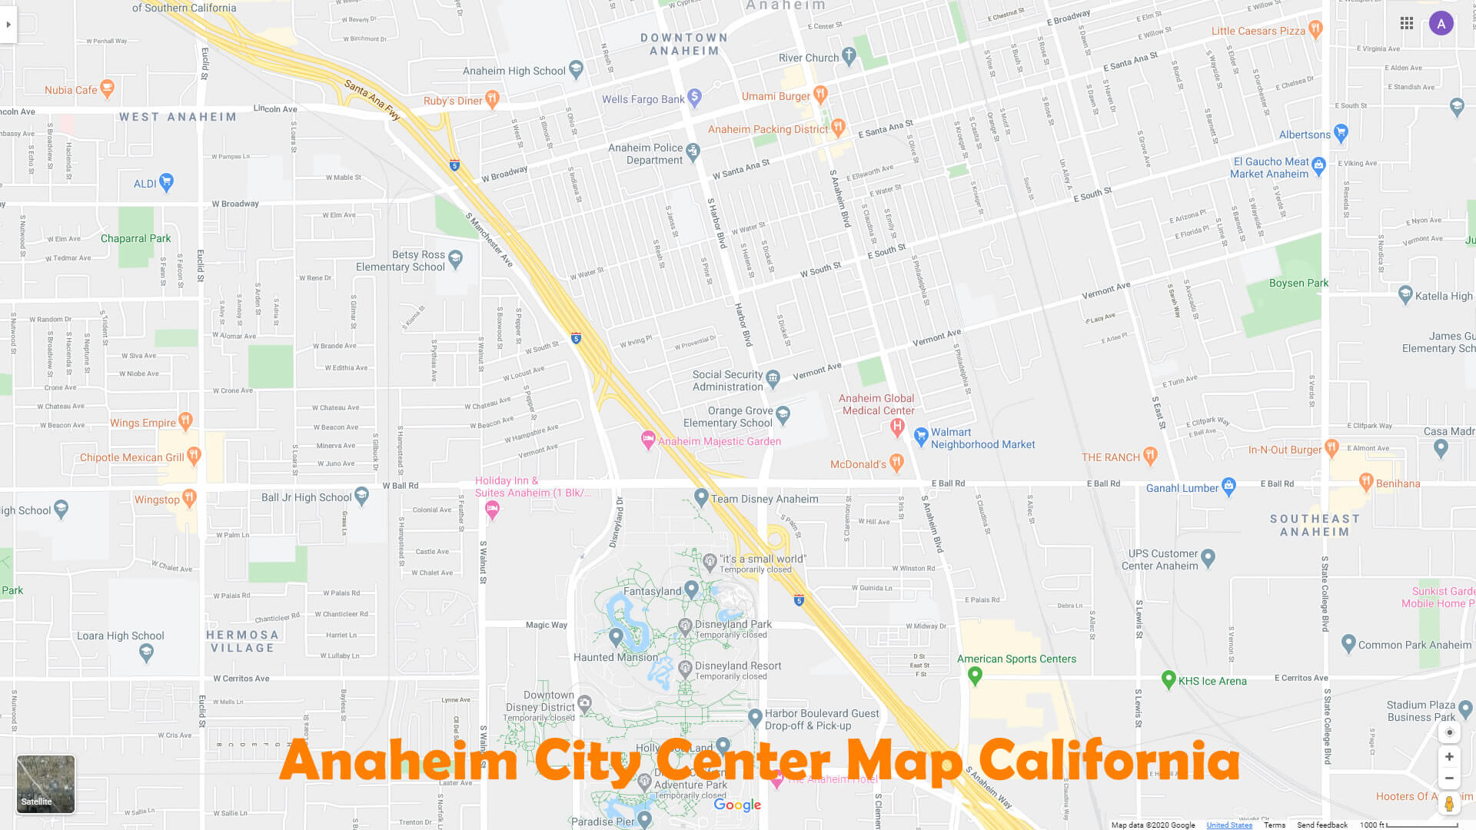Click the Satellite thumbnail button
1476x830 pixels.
point(45,783)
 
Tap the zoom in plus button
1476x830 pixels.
point(1448,757)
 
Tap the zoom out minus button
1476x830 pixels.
point(1448,779)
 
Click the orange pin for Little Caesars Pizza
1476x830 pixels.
point(1315,29)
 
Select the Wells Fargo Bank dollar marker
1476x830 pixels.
point(694,97)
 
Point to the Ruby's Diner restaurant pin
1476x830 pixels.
point(492,98)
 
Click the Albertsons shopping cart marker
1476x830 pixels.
point(1341,133)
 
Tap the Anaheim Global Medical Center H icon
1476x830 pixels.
point(896,427)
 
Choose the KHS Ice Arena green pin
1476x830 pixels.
point(1168,679)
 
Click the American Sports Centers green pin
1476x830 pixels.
point(975,676)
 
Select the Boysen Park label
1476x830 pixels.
point(1298,283)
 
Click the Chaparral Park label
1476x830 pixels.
point(135,238)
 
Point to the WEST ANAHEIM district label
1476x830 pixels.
point(178,117)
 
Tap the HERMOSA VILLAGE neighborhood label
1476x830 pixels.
point(242,641)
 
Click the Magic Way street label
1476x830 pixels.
point(547,625)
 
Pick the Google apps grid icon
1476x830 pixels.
point(1407,24)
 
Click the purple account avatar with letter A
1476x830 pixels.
point(1441,24)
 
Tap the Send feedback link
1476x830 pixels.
point(1322,825)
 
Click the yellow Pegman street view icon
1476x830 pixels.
point(1448,804)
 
